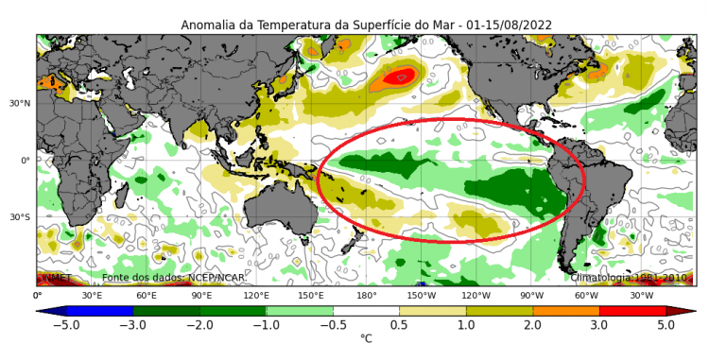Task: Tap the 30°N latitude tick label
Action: pos(22,104)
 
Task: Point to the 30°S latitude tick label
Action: pos(22,217)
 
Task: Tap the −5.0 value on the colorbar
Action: pos(65,324)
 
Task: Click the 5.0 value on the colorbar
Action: pos(666,324)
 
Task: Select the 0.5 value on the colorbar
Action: pos(400,324)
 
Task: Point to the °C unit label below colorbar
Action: pos(366,338)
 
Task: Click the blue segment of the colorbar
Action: pos(99,310)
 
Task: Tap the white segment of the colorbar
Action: pos(366,310)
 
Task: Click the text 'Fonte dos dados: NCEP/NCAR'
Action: pos(158,278)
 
